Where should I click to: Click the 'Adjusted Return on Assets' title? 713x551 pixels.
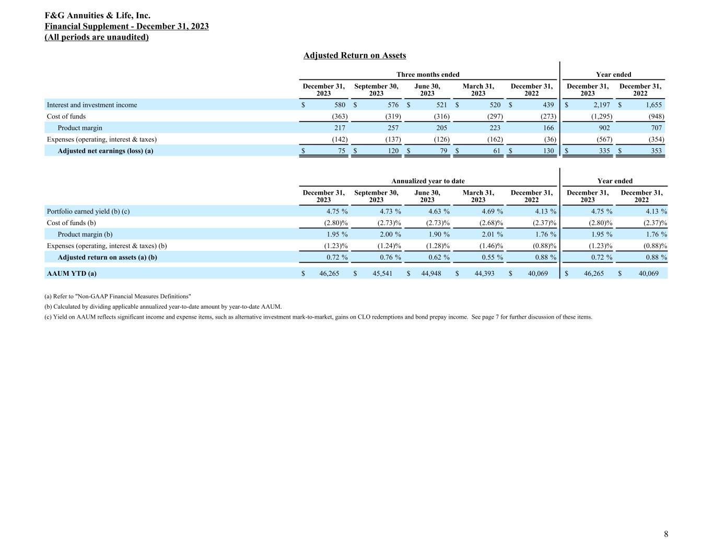pos(355,55)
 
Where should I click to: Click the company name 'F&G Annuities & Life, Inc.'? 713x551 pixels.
pos(98,16)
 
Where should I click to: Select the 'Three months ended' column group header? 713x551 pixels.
pos(428,75)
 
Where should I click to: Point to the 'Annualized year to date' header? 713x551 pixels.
pos(428,181)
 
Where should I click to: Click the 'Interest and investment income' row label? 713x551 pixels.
pos(92,105)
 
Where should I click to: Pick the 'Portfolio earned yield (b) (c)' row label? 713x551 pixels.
pos(88,212)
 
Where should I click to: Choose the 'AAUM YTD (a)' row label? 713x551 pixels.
pos(72,273)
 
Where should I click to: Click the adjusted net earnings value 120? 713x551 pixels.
pos(392,151)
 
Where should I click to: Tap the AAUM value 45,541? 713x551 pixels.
pos(382,273)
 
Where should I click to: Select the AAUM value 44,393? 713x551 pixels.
pos(484,273)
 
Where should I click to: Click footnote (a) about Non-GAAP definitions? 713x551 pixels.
pos(118,296)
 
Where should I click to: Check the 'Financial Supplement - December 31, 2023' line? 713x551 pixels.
pos(127,27)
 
